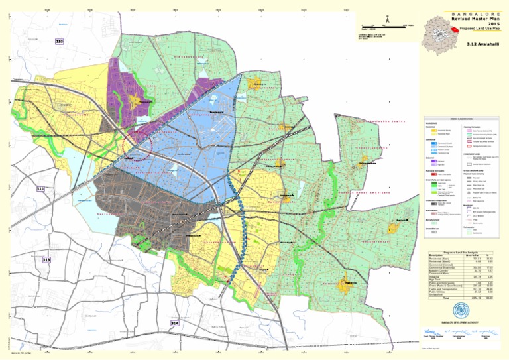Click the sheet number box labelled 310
tap(59, 41)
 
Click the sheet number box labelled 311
tap(40, 190)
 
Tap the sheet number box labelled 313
tap(46, 260)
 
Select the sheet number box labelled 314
tap(174, 323)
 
